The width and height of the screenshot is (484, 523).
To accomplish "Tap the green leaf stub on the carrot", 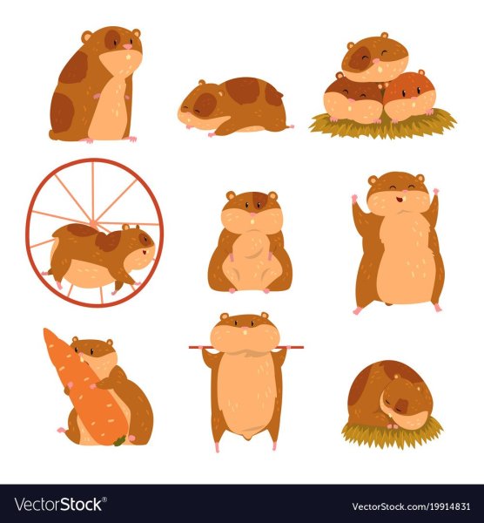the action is pos(119,440).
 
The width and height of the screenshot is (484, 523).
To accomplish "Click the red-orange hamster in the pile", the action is pos(410,96).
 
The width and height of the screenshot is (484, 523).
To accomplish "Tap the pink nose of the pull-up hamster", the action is pos(245,329).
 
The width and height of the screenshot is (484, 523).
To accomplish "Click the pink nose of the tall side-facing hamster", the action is pos(128,47).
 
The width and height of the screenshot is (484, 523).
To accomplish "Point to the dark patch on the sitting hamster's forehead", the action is pos(259,199).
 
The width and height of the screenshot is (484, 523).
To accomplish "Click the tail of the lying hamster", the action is pos(291,126).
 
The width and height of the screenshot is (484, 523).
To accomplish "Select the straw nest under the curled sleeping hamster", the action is pos(393,433).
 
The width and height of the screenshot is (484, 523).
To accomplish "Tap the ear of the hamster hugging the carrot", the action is pos(110,343).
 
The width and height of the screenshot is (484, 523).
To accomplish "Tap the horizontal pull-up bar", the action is pos(246,347).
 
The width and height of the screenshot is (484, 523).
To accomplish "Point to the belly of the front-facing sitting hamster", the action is pos(250,260).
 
